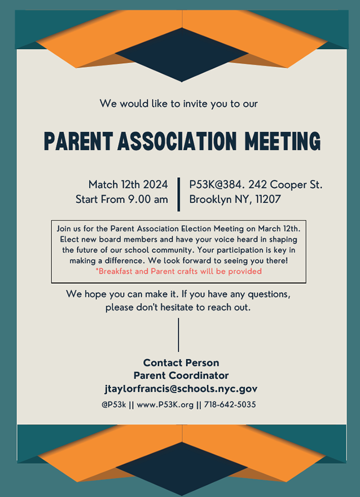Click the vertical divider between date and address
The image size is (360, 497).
(x=179, y=193)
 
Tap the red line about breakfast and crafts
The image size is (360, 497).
(x=178, y=271)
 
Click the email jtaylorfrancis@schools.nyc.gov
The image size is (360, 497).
(x=181, y=389)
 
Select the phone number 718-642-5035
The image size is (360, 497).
(x=230, y=405)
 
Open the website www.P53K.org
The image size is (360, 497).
(x=165, y=405)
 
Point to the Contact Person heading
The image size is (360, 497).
(x=181, y=363)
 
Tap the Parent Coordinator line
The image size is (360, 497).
(x=181, y=376)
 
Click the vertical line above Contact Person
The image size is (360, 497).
(x=178, y=335)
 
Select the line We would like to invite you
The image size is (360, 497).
(x=179, y=104)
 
